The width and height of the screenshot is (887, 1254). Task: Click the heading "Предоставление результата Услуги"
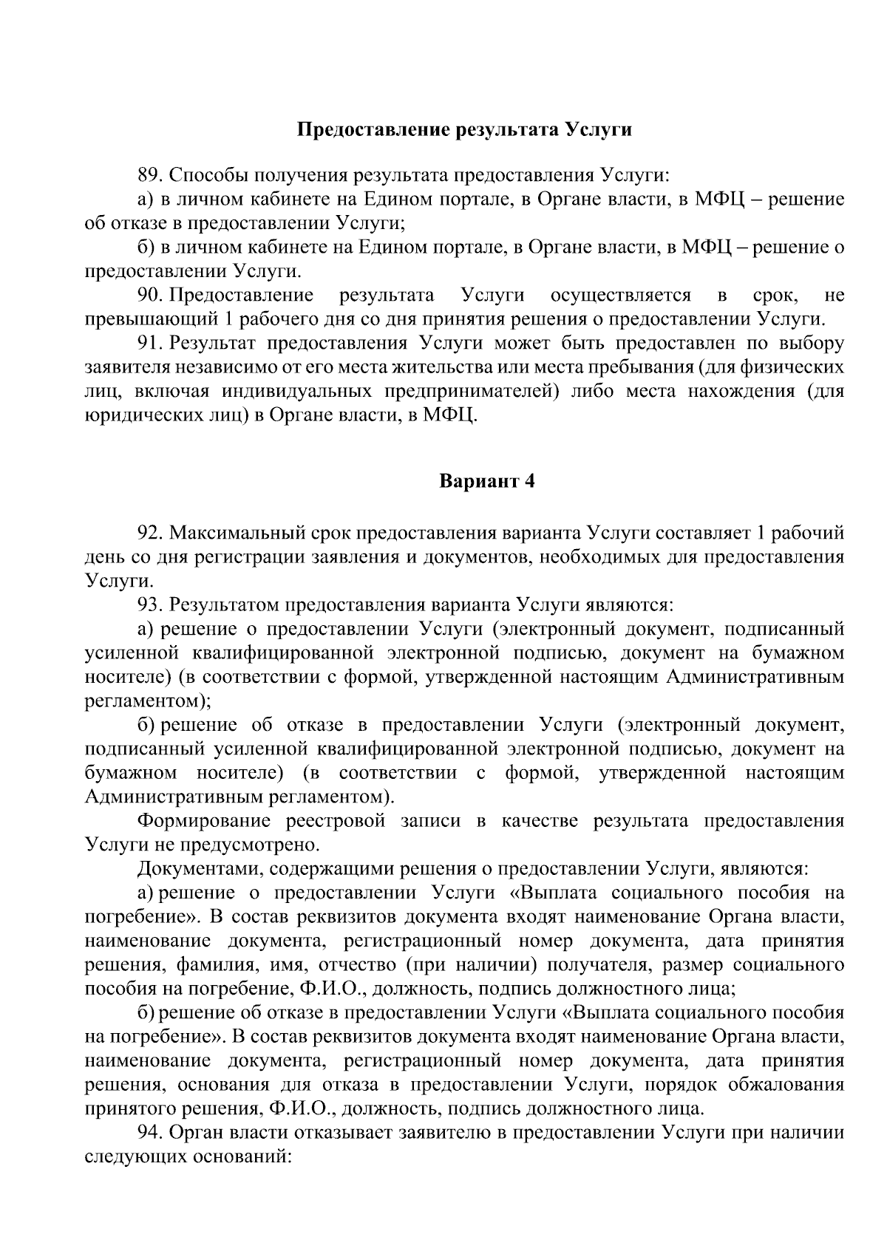coord(465,130)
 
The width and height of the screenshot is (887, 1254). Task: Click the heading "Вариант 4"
coord(487,481)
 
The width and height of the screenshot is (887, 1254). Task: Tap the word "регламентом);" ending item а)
coord(149,701)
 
